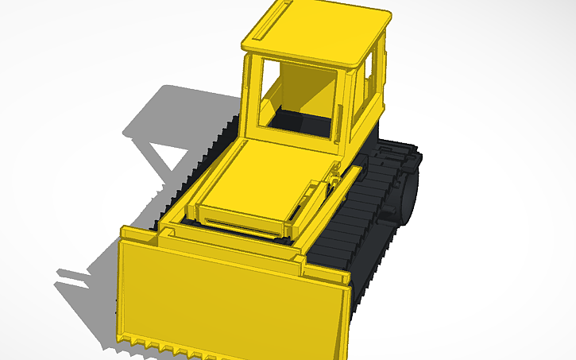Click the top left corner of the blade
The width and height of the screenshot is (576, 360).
125,233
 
